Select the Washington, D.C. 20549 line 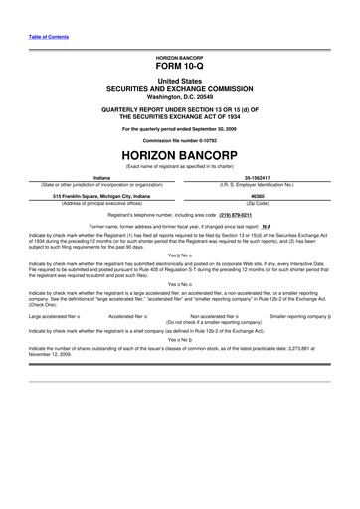tap(180, 96)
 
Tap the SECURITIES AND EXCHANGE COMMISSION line tap(180, 88)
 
